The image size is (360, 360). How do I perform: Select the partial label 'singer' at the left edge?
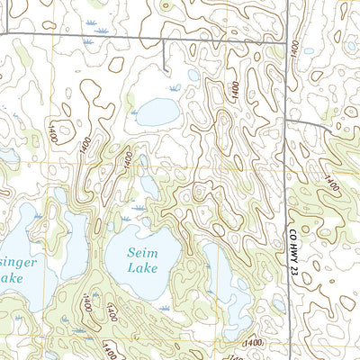coord(19,262)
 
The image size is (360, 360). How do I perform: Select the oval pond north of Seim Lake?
coord(157,112)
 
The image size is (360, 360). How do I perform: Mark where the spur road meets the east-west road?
coord(163,39)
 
